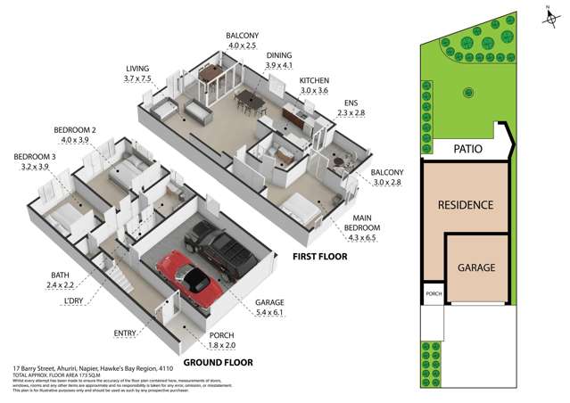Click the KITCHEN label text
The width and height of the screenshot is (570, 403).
point(313,79)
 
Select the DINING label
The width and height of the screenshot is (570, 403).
point(279,55)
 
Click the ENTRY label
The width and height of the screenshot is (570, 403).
point(125,333)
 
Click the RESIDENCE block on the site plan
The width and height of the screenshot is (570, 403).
point(465,204)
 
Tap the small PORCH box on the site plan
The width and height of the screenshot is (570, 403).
point(432,295)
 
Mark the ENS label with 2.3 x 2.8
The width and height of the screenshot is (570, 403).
point(351,107)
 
